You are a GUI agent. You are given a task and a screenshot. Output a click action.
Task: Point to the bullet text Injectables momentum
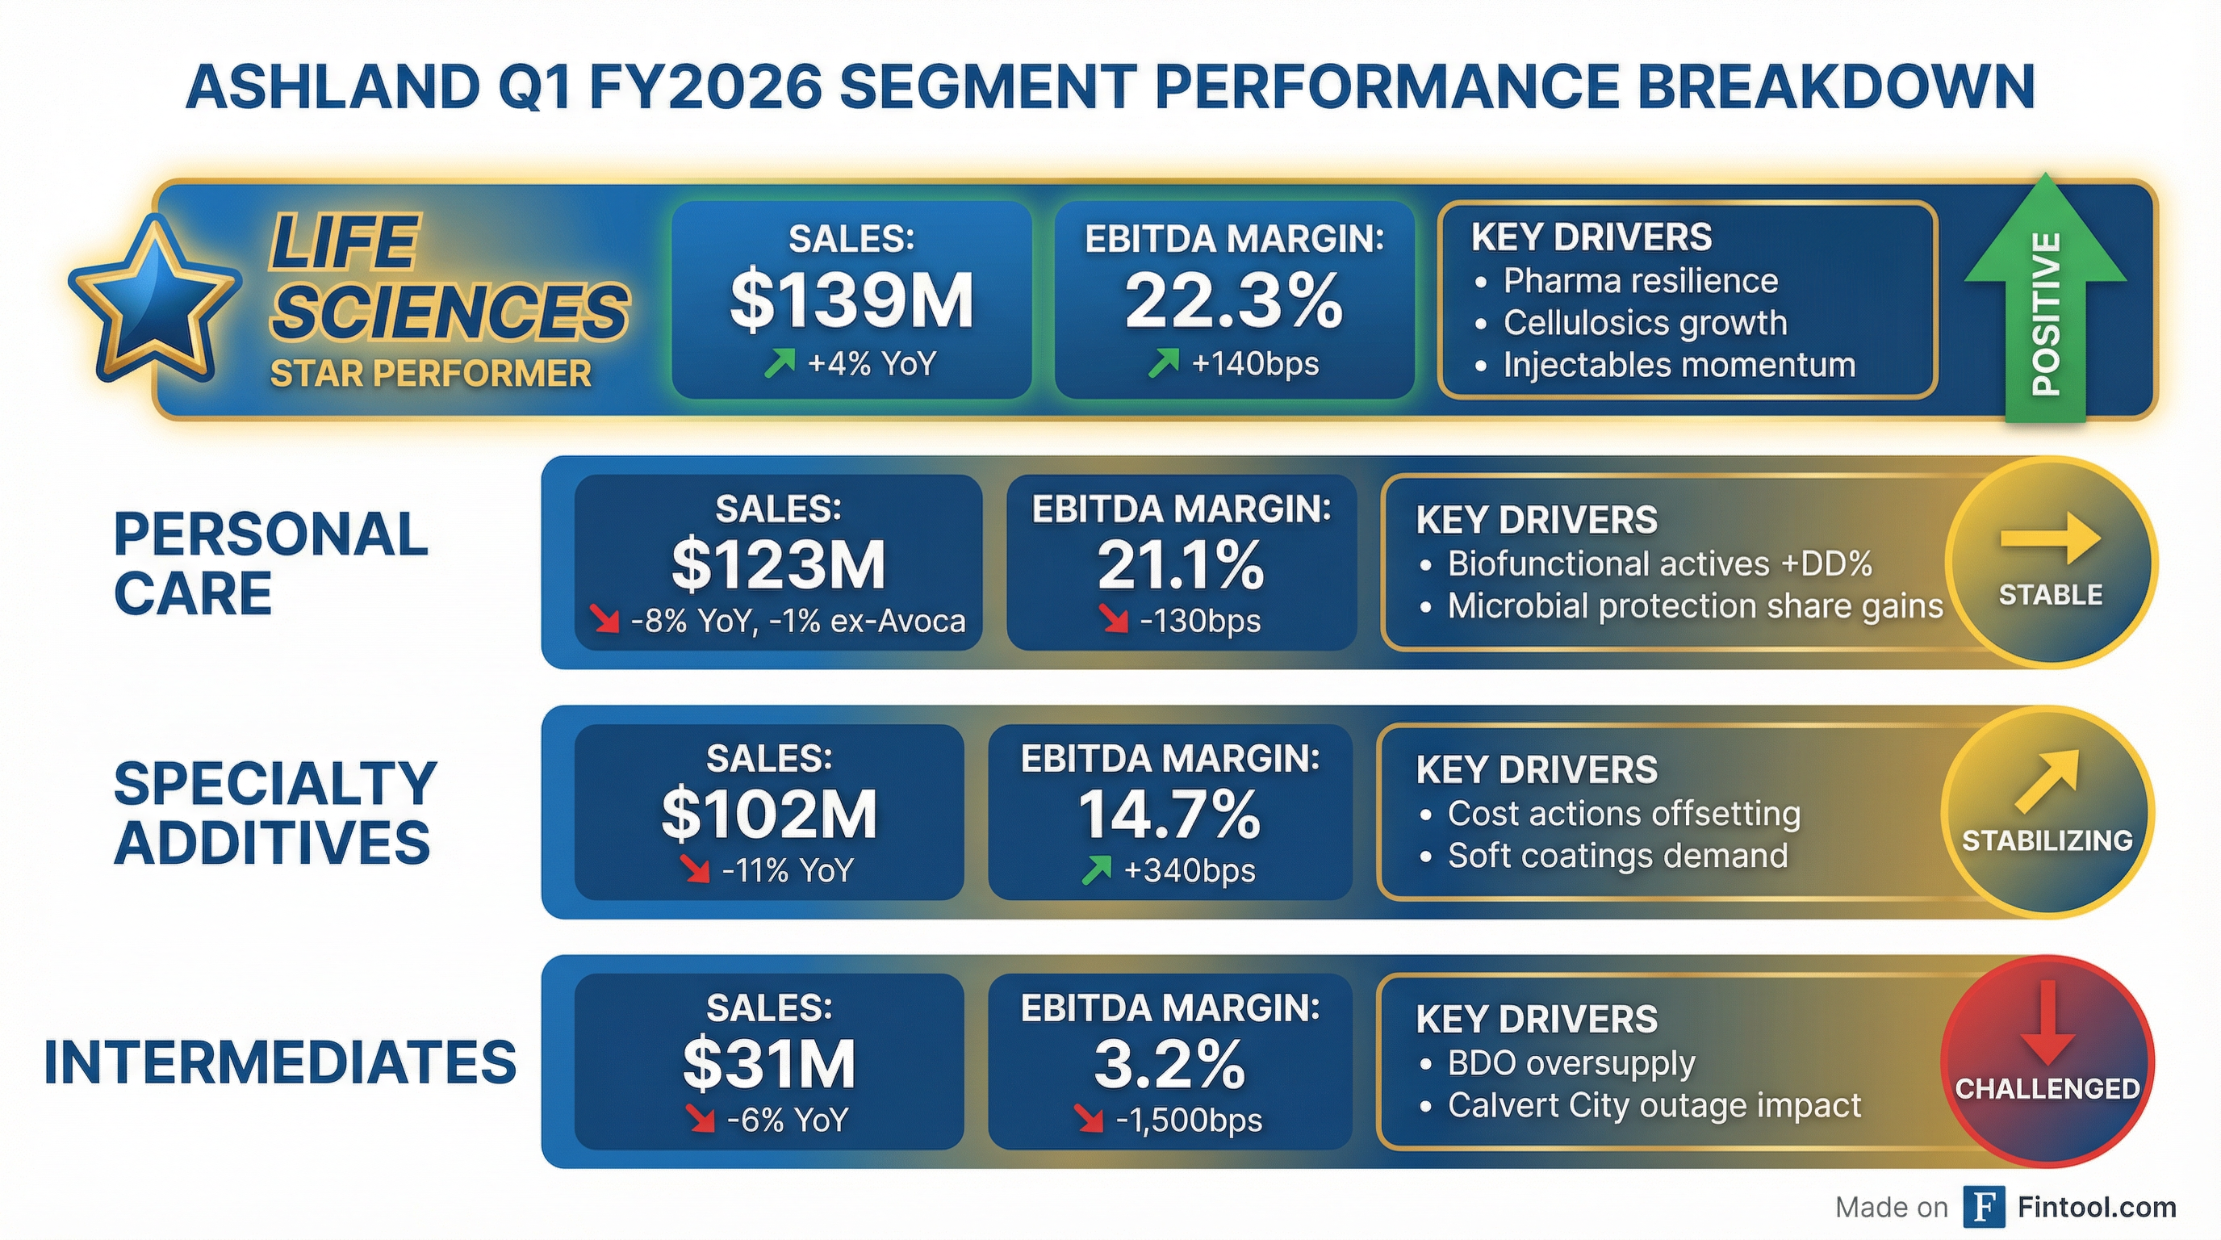pos(1679,366)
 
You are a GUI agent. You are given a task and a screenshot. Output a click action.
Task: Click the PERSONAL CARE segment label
pos(270,564)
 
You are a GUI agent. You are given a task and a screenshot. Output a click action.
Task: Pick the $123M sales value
pos(778,565)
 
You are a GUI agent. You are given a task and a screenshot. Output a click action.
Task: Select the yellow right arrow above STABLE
pos(2049,539)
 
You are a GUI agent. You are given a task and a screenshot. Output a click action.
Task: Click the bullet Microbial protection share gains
pos(1694,606)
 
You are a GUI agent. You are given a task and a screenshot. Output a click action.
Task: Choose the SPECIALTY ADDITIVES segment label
pos(274,813)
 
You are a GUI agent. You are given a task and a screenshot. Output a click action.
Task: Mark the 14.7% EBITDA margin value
pos(1169,815)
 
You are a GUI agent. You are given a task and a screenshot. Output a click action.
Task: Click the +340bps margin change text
pos(1189,871)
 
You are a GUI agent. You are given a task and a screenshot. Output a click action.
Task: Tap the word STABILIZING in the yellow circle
pos(2047,840)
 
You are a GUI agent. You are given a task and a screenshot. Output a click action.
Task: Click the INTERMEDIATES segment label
pos(279,1062)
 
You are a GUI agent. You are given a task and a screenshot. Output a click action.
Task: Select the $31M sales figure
pos(769,1064)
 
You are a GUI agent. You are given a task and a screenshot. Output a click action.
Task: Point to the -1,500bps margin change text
pos(1188,1121)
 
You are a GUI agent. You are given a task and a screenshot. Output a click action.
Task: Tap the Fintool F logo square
pos(1983,1206)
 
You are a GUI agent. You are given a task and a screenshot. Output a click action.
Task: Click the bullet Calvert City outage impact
pos(1654,1105)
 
